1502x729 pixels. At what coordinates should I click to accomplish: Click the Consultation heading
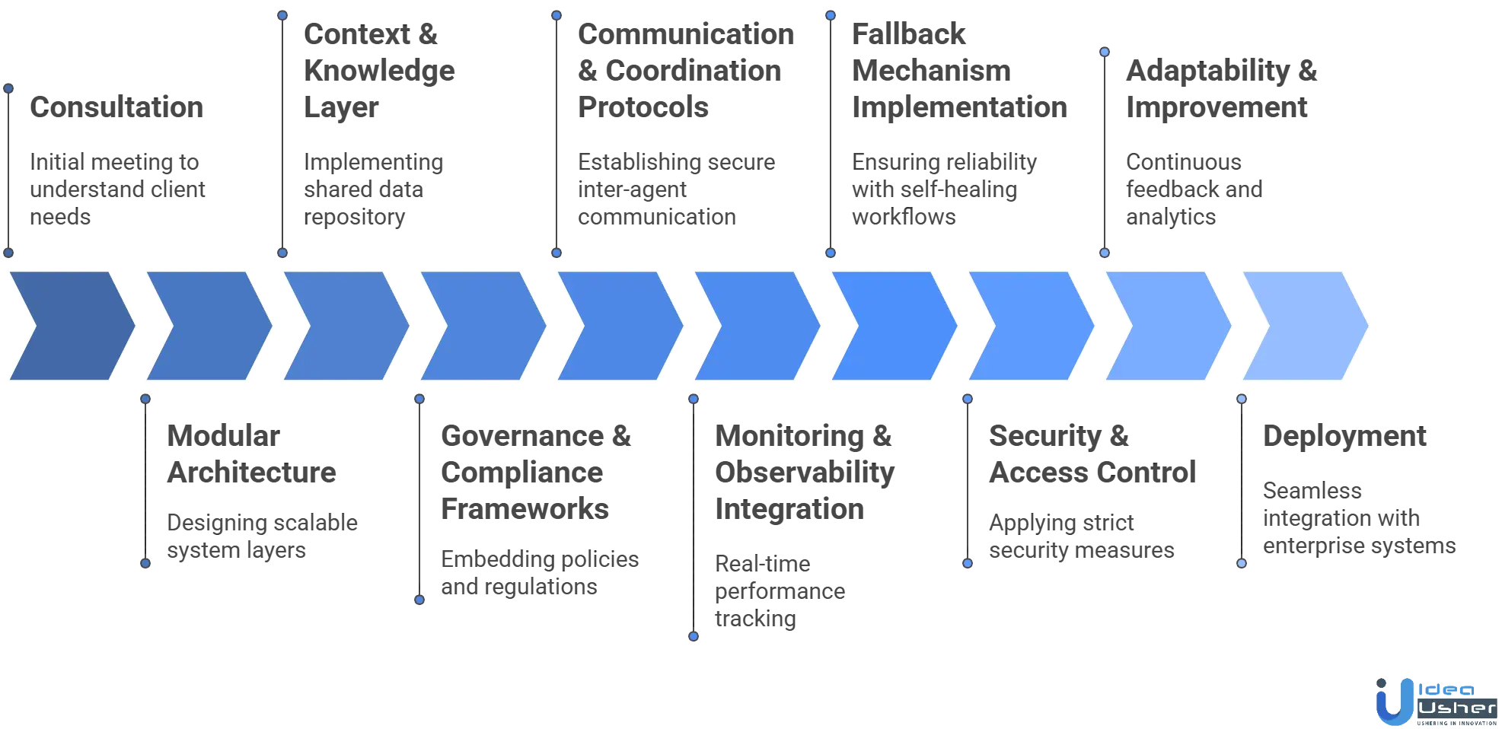(118, 108)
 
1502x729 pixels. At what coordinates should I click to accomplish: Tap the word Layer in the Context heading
(342, 108)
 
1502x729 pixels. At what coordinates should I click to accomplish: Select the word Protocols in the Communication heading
(644, 108)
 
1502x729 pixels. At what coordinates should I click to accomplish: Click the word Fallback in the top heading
(909, 35)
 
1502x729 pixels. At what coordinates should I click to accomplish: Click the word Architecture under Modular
(251, 473)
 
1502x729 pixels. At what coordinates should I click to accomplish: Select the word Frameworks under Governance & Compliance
(524, 509)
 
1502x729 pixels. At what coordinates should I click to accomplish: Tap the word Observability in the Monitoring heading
(803, 473)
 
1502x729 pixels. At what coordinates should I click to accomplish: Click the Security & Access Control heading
(1092, 454)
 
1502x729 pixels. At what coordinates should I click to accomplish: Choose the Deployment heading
(1345, 437)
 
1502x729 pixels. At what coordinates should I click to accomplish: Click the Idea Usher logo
(1435, 700)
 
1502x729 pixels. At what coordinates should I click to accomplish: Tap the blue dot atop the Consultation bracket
(9, 89)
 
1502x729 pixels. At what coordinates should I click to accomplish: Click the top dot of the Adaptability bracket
(1105, 53)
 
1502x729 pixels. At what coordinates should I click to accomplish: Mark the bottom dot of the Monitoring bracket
(694, 636)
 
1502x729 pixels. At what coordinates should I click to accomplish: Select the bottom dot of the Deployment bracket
(1242, 563)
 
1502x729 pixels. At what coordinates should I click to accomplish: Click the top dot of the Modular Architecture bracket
(146, 399)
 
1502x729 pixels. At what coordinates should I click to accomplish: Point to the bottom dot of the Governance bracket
(419, 600)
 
